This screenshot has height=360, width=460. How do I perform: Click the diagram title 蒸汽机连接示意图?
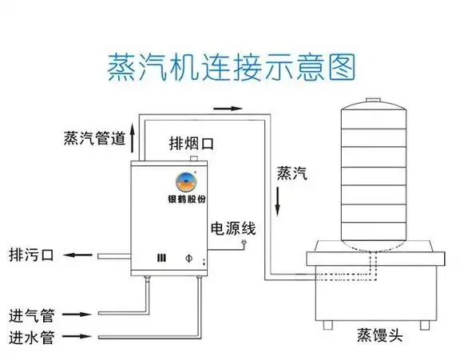point(230,67)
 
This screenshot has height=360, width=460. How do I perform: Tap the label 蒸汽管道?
point(94,138)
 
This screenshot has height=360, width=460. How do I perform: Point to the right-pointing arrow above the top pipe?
point(228,108)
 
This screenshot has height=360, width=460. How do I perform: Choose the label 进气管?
point(32,313)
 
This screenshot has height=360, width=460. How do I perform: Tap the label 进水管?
point(32,336)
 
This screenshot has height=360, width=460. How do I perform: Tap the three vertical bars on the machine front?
point(161,258)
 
